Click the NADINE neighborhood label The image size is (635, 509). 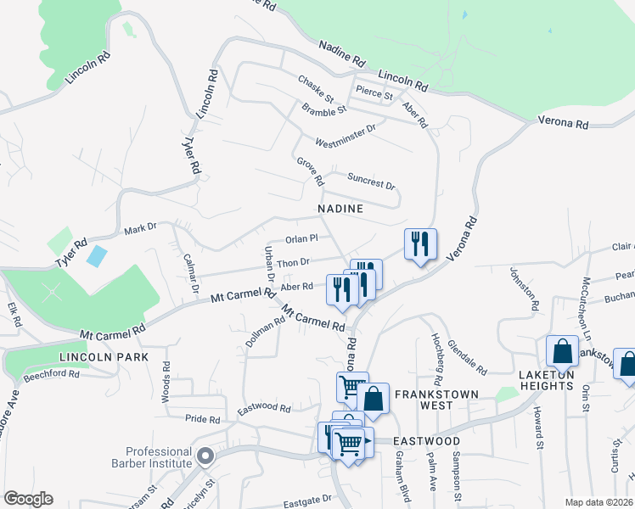point(340,209)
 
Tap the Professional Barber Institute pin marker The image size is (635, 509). point(205,457)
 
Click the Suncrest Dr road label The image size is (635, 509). point(372,181)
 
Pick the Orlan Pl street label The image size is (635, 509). point(301,239)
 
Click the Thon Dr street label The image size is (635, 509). point(294,263)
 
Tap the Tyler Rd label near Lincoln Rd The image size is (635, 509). point(194,156)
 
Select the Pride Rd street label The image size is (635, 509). point(203,419)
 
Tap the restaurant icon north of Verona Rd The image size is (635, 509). point(420,244)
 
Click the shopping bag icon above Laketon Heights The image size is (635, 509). point(562,351)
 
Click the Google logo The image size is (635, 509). point(28,499)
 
